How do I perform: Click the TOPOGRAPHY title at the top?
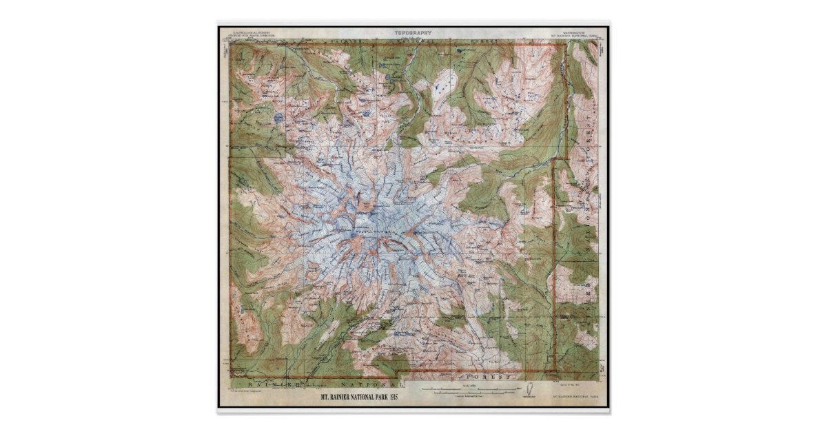point(413,32)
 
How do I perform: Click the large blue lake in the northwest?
point(278,118)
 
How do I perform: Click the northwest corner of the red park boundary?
point(231,45)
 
